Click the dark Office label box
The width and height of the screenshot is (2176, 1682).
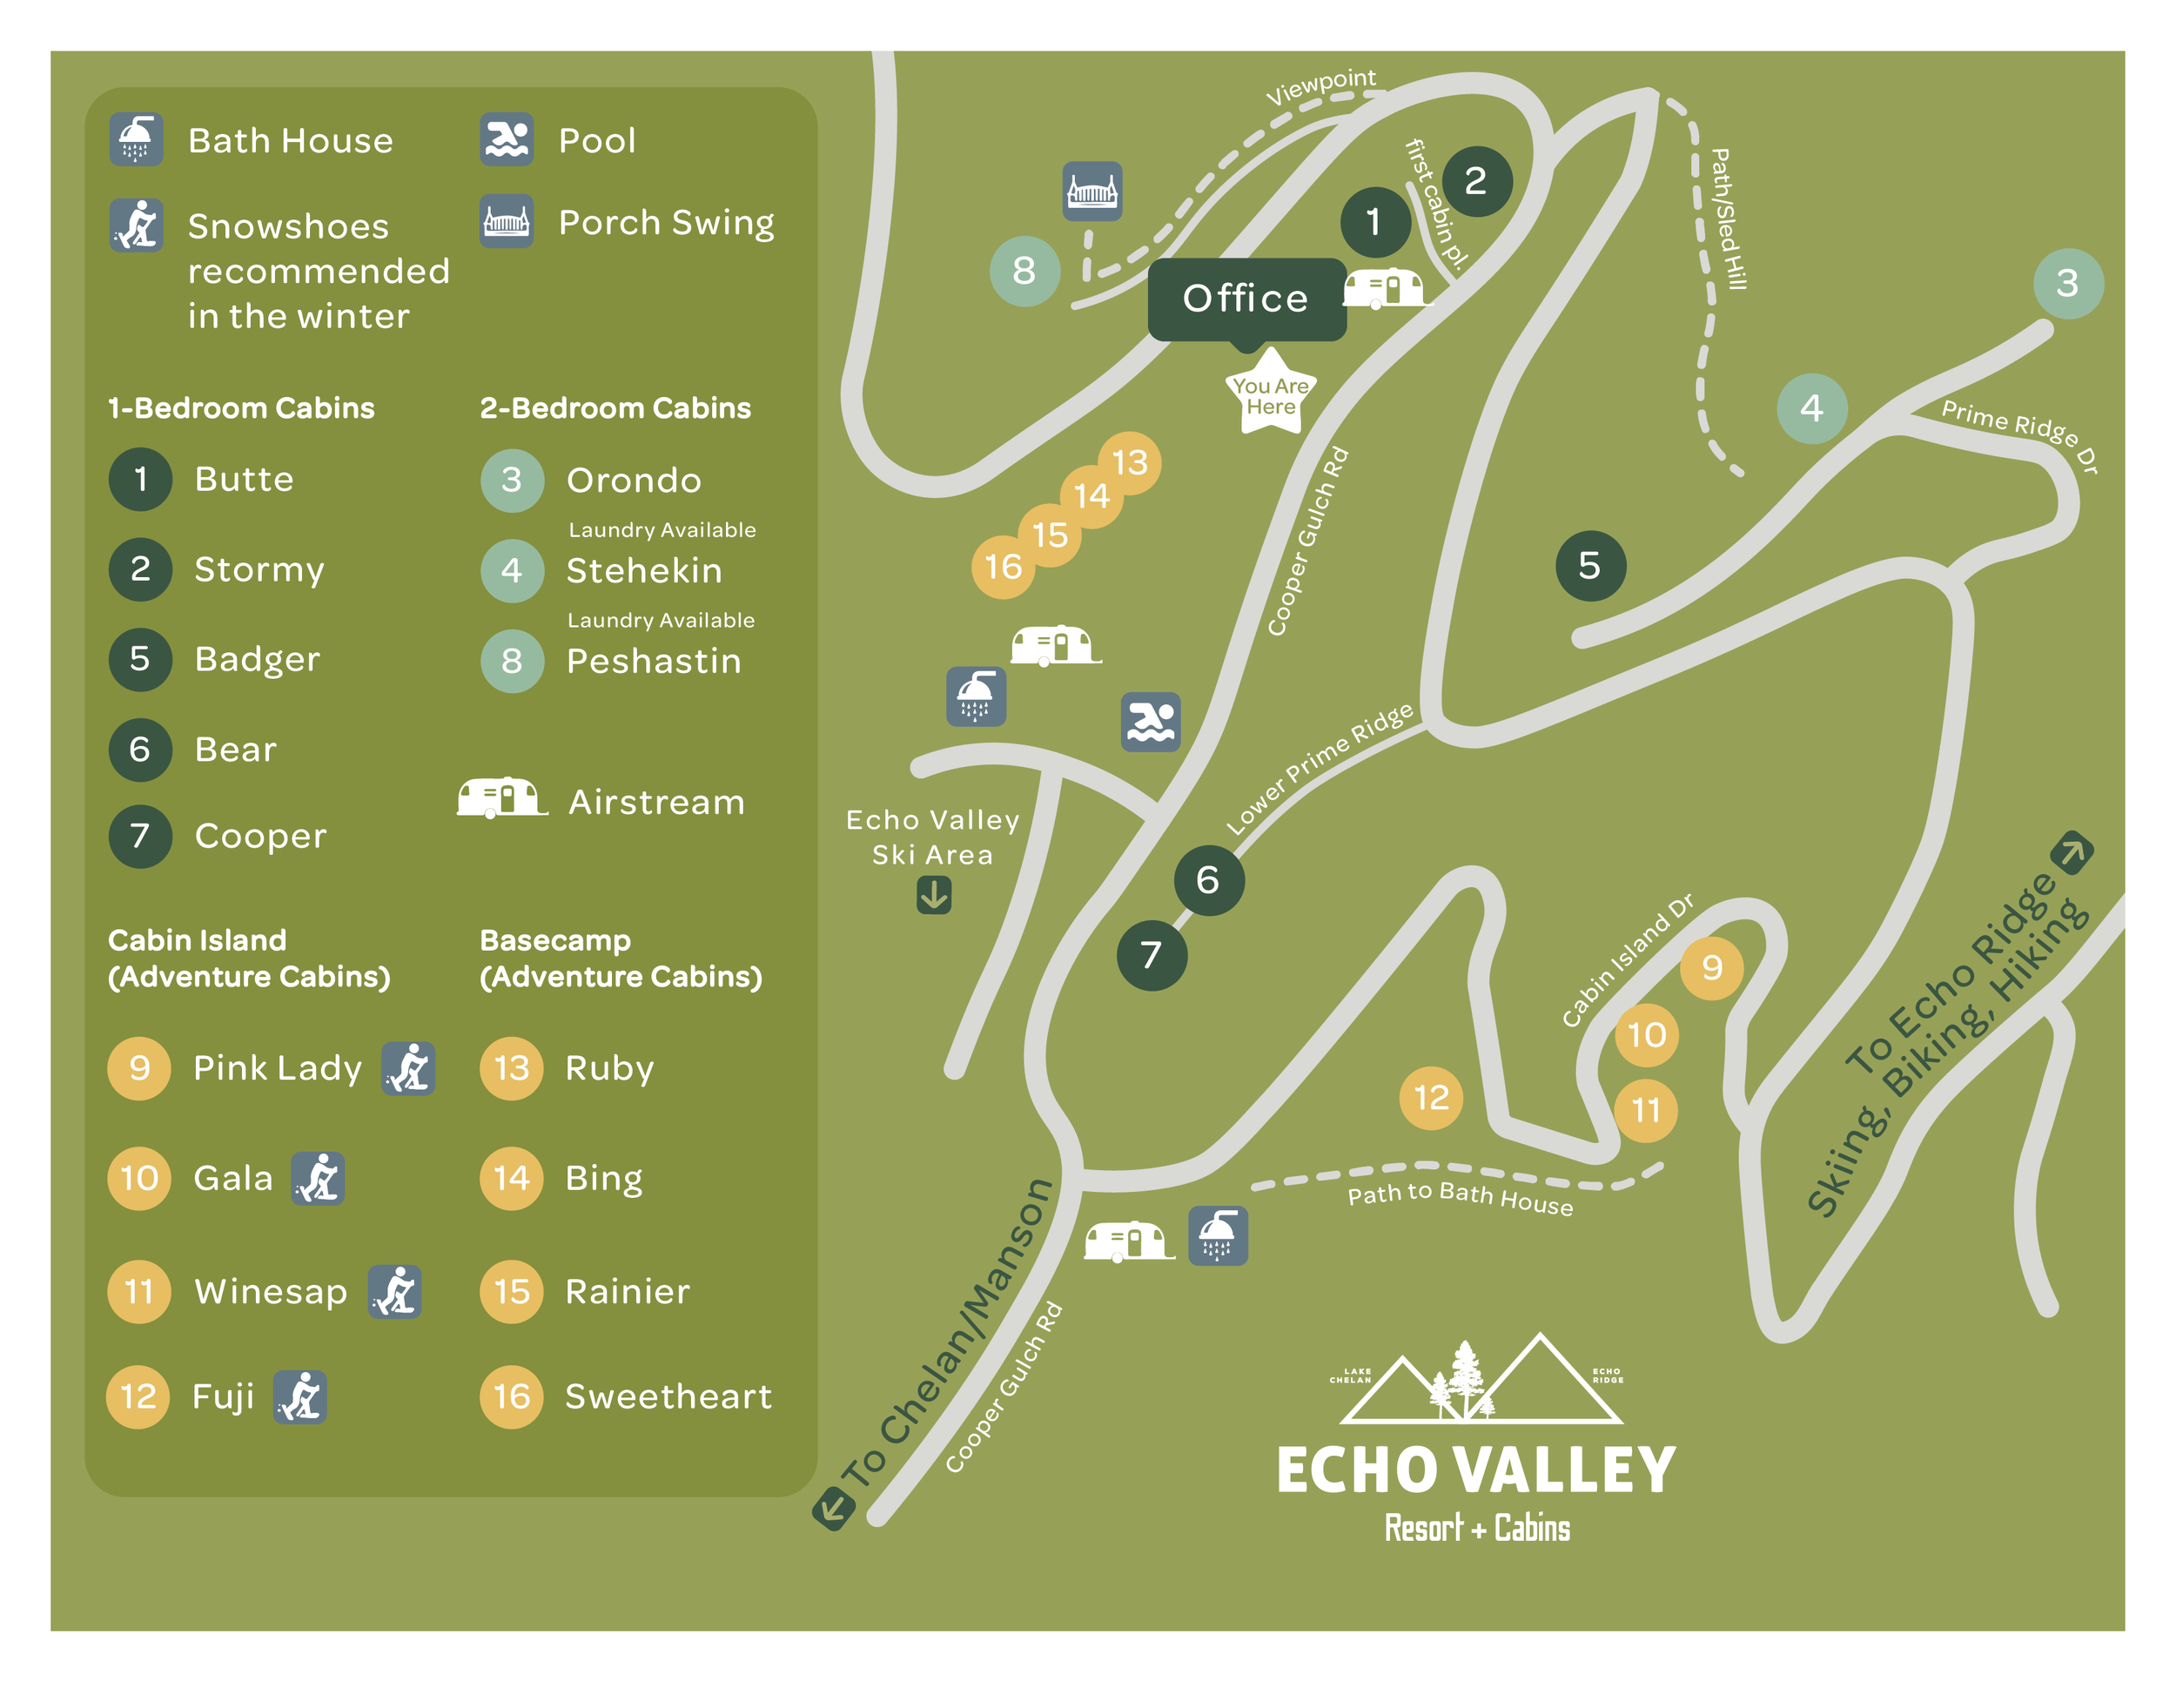1246,299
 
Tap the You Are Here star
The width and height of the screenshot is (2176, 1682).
1270,394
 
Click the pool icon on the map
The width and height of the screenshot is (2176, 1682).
1151,722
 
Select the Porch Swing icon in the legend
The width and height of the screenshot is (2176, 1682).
507,221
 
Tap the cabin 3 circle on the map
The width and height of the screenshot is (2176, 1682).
2067,283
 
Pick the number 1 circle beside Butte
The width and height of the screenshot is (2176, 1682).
140,480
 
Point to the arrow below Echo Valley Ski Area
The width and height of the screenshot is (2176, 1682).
934,895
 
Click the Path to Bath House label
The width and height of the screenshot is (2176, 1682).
1460,1198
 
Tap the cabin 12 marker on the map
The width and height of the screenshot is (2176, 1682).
1431,1098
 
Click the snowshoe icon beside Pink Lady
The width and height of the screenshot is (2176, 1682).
408,1068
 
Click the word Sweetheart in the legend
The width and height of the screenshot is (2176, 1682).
668,1397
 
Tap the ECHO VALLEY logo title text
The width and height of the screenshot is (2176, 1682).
1476,1470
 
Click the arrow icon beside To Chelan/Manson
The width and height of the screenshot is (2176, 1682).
833,1508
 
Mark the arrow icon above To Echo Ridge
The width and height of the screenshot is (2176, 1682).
2072,853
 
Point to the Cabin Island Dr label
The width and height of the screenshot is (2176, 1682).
1626,960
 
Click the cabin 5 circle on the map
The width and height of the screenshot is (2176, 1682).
1590,566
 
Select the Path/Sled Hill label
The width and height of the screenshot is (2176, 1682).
1729,219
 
